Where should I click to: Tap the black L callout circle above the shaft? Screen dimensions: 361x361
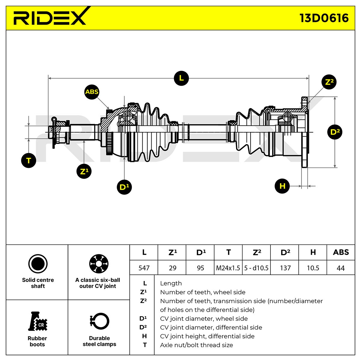181,78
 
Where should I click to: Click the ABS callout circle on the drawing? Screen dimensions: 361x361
92,92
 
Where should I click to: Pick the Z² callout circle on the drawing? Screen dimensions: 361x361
329,82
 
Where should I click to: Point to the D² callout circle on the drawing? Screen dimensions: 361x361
335,132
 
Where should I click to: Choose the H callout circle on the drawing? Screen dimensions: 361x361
282,186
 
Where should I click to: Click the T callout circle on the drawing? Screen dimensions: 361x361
29,160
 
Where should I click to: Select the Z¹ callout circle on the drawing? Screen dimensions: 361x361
84,171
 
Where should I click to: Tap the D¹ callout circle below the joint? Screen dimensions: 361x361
124,187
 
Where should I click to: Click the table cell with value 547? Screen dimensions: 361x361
144,268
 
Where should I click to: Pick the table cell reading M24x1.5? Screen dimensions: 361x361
228,268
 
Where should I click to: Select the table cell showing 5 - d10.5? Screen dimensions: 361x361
256,268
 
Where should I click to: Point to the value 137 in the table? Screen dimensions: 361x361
285,268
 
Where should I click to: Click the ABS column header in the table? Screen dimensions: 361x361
341,252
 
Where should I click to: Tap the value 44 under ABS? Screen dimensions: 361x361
341,268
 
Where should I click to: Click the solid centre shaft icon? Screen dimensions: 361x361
38,264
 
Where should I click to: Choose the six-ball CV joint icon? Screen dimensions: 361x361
99,264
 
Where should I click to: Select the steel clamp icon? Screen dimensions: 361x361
99,321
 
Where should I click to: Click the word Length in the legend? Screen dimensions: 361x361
171,283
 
